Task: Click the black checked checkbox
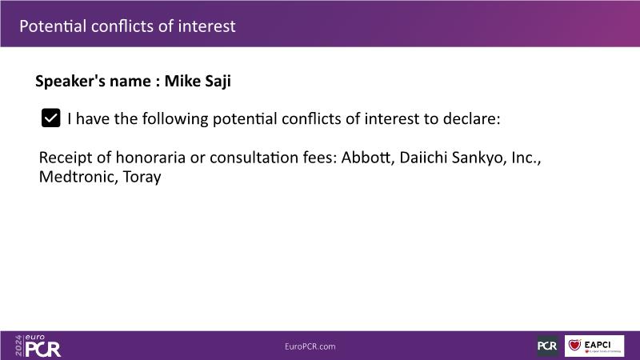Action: tap(50, 118)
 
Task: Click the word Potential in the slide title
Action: tap(53, 26)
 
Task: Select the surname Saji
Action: tap(218, 82)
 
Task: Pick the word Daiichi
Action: tap(423, 157)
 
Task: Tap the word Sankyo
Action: tap(479, 158)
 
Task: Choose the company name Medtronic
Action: tap(78, 177)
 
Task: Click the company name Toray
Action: tap(142, 178)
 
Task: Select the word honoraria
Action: tap(150, 158)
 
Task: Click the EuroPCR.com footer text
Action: tap(310, 346)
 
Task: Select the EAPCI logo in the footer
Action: tap(594, 346)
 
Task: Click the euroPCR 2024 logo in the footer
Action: tap(38, 346)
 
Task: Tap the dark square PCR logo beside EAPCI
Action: tap(547, 346)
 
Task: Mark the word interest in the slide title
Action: tap(206, 26)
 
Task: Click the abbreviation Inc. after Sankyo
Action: tap(526, 158)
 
